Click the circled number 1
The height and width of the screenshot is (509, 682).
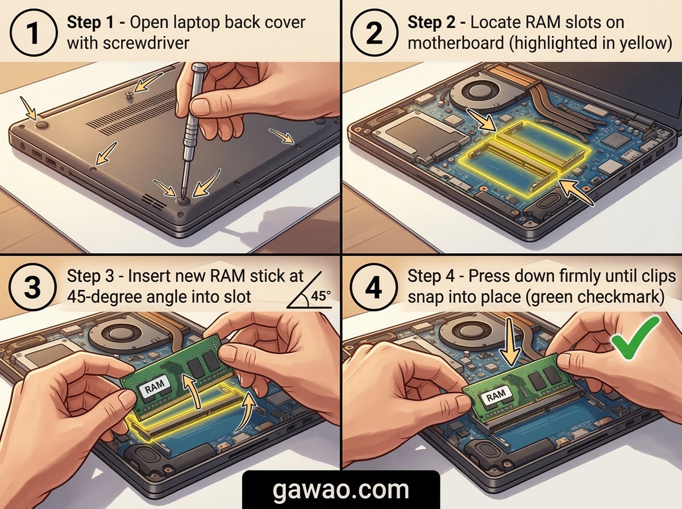[x=33, y=32]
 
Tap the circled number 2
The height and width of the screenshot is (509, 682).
[x=374, y=32]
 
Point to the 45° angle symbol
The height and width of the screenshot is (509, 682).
[x=310, y=290]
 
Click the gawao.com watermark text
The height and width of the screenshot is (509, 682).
[x=341, y=490]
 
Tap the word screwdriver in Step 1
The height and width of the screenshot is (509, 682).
[x=145, y=43]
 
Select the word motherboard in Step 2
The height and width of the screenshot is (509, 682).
[x=456, y=43]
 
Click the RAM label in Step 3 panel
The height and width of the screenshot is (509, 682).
[x=155, y=387]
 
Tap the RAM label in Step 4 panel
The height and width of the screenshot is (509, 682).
[x=495, y=397]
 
